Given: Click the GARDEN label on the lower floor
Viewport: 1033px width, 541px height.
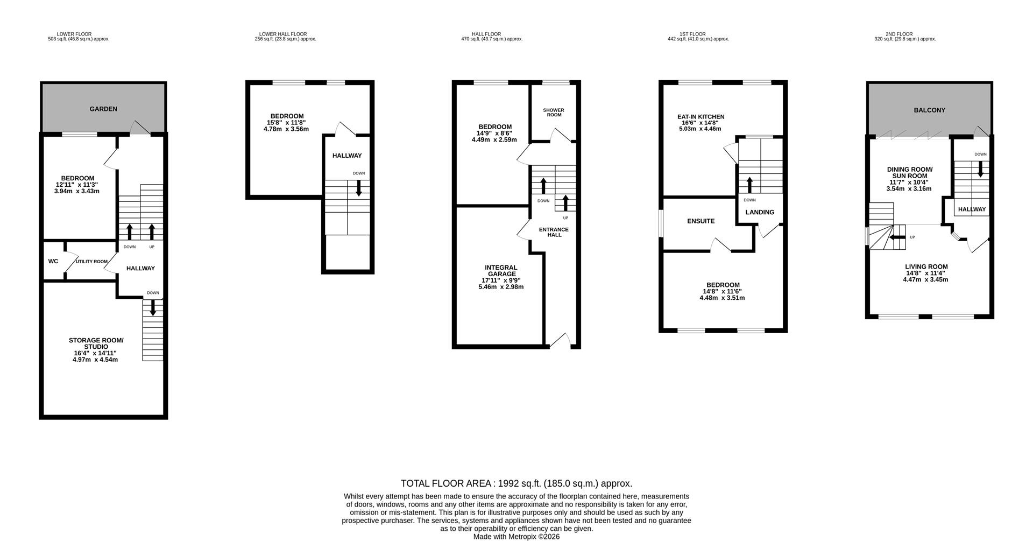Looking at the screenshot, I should point(103,109).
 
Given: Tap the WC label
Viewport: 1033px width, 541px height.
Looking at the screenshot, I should point(53,262).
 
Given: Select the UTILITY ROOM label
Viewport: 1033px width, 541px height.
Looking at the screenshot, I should point(91,262).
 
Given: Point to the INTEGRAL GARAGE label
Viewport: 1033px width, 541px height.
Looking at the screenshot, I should point(501,271).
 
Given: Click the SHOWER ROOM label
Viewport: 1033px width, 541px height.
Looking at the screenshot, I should point(554,112).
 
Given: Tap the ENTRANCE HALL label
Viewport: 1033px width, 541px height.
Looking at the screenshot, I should point(554,232).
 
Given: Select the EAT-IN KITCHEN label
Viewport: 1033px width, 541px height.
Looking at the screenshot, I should point(701,117).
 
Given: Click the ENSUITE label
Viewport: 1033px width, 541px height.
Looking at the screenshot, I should point(701,221).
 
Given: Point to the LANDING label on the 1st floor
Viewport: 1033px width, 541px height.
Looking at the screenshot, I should point(760,212).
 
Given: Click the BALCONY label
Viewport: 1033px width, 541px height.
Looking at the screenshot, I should point(929,110).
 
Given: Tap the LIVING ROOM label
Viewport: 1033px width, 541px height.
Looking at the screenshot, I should point(926,266).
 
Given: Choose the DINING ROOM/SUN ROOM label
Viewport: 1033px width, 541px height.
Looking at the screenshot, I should point(909,172).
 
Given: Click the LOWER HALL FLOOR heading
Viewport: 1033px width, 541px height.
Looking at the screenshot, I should point(283,34).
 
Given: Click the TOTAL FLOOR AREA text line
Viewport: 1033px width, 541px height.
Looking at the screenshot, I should point(516,483).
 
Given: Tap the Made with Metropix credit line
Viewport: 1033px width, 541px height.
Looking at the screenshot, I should point(516,537).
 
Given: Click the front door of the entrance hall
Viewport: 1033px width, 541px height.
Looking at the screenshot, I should point(561,340).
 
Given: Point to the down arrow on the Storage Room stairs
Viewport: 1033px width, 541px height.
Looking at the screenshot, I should point(153,308).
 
